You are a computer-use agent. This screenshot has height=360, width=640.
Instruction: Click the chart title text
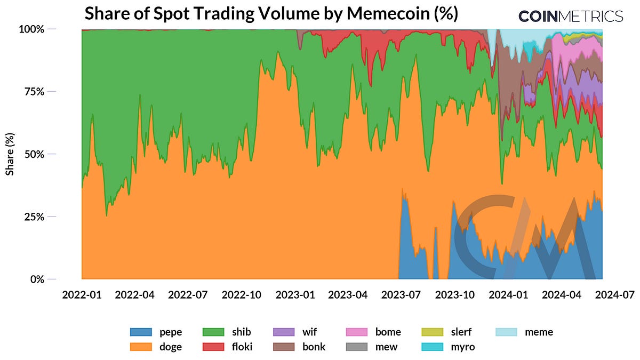pos(271,13)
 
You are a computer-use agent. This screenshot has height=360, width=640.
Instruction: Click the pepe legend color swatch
pos(141,332)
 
